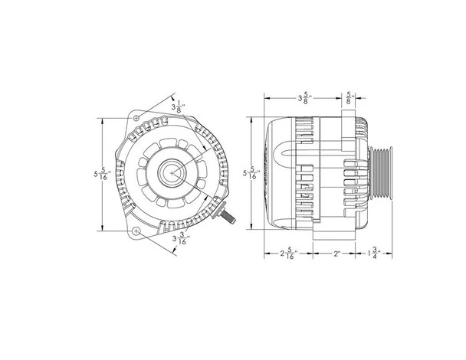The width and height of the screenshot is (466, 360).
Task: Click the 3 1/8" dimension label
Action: point(179,106)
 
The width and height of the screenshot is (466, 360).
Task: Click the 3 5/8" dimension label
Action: point(306,98)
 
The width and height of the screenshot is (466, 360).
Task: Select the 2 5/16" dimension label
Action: point(289,254)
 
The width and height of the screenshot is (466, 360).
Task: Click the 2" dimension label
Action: point(336,254)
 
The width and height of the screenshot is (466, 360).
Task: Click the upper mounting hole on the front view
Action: point(136,118)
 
